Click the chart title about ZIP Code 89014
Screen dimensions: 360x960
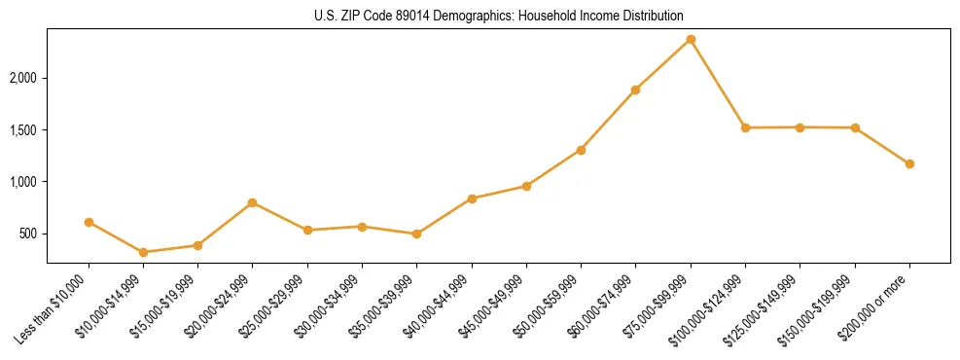coord(499,17)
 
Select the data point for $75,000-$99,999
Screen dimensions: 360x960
coord(691,39)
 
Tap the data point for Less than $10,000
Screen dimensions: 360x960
coord(89,222)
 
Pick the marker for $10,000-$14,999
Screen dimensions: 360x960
coord(144,252)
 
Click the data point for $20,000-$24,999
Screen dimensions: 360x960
coord(253,202)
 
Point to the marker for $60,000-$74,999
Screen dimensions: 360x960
coord(635,90)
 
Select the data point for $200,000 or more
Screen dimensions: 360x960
coord(909,163)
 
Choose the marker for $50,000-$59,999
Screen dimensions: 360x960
coord(581,150)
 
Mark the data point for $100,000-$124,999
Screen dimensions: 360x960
coord(745,127)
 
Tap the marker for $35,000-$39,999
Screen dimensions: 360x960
coord(416,234)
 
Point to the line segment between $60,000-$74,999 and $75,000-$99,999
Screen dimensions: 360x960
coord(663,64)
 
